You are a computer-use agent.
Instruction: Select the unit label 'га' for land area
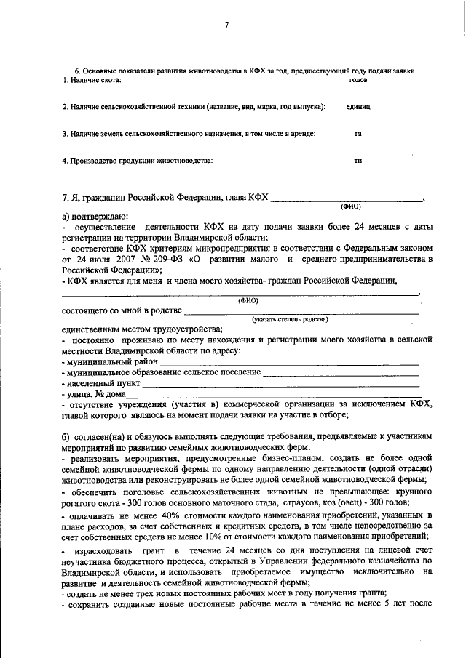[358, 134]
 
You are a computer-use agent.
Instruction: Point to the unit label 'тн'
[358, 161]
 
